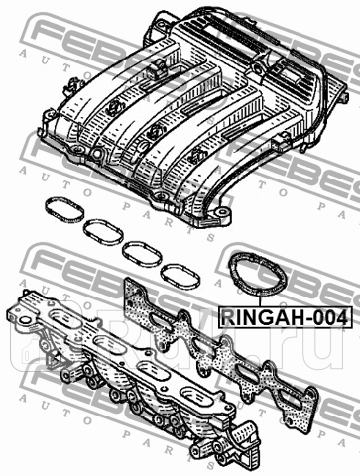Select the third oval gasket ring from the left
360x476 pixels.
140,250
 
